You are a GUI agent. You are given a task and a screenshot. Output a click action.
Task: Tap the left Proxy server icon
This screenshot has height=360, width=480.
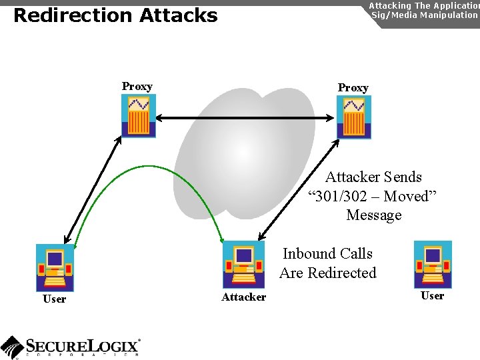[138, 115]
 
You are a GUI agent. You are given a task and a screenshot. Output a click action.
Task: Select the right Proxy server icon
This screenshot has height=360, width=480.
[353, 117]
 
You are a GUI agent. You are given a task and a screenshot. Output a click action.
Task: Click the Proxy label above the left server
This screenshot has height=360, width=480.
[137, 86]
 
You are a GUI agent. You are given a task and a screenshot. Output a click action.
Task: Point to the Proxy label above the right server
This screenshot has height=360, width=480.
[353, 87]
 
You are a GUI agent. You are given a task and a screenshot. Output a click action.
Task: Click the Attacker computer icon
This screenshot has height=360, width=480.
[243, 264]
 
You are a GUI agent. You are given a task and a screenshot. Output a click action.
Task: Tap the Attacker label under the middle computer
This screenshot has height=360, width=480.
[243, 297]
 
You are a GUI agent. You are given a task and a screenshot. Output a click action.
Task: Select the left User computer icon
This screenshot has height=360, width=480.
[55, 267]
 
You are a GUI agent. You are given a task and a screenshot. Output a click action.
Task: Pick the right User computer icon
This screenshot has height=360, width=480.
[433, 264]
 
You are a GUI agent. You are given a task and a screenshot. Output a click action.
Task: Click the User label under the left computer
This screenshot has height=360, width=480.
[54, 299]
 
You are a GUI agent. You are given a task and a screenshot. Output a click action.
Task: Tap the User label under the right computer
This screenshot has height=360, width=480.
[432, 295]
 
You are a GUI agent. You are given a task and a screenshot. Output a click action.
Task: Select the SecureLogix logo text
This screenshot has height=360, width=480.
[82, 345]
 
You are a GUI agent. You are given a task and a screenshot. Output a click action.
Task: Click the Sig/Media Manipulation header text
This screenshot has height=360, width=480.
[424, 15]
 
